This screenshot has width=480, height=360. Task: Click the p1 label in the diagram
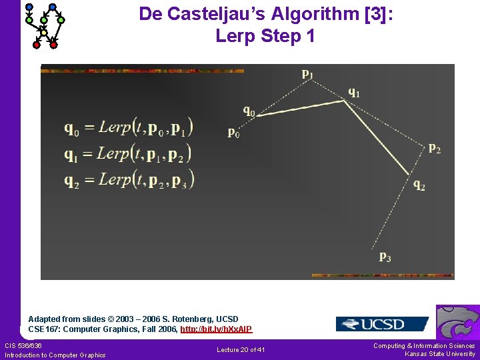[307, 73]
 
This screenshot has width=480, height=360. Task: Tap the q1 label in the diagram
[353, 93]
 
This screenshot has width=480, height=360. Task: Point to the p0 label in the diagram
[234, 132]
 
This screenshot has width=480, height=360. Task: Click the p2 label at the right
[434, 148]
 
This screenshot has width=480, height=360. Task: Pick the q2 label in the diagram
[419, 185]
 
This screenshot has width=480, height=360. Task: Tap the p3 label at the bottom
[385, 256]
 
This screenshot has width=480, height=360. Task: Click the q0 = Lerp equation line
[129, 127]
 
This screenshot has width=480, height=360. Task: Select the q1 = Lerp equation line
[128, 153]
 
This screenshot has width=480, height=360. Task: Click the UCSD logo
[382, 325]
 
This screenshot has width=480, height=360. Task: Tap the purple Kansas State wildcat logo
[458, 323]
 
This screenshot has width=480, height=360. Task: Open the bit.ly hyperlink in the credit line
[216, 329]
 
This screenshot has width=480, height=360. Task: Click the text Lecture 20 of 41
[241, 350]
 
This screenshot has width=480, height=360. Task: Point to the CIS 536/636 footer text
[23, 345]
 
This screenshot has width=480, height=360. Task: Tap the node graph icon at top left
[44, 25]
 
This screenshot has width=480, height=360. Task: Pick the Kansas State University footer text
[440, 354]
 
